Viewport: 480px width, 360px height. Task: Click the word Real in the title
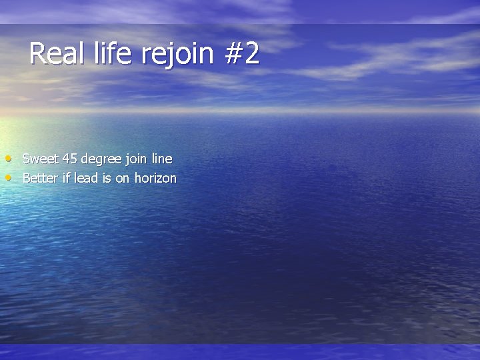57,53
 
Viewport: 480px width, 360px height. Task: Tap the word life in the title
113,53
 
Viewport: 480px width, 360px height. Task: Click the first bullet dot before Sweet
7,159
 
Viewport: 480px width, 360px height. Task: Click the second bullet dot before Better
7,178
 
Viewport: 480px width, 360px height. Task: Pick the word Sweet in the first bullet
41,159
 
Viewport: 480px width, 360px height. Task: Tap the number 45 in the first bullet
70,159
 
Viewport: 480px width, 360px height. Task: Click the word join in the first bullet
137,159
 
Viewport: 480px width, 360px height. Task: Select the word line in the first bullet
162,159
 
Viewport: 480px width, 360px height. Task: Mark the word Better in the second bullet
41,178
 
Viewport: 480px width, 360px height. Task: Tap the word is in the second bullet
107,178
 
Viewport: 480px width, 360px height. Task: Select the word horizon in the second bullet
155,178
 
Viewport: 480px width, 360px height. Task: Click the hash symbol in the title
234,53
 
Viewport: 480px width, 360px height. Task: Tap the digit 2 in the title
251,53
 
